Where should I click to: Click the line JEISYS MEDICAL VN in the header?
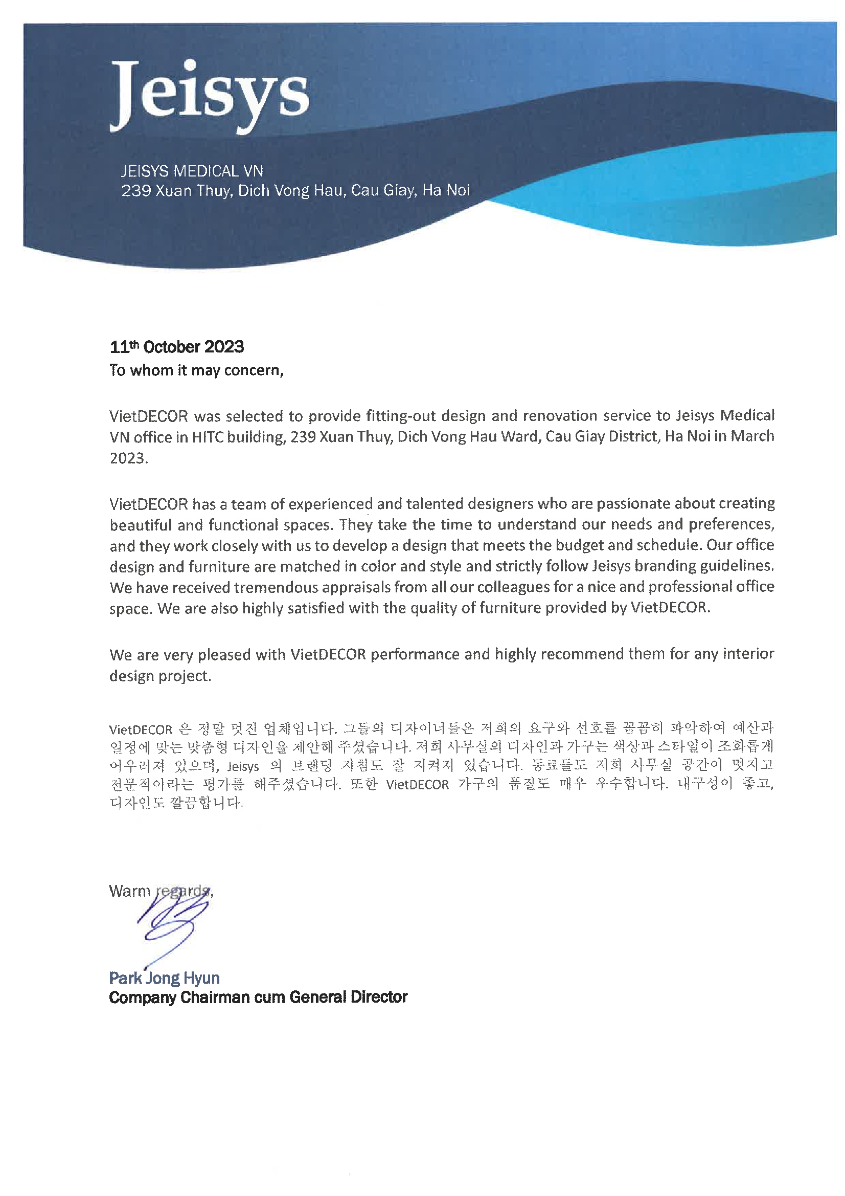192,171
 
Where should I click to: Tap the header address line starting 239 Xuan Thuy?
295,191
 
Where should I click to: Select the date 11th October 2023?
176,347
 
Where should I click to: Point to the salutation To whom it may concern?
196,370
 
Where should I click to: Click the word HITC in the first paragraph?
207,437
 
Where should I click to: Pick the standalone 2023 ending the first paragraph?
128,458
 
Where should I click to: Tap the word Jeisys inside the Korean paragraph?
243,767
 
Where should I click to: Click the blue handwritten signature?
172,924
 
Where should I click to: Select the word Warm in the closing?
129,891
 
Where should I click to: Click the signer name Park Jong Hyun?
164,978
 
